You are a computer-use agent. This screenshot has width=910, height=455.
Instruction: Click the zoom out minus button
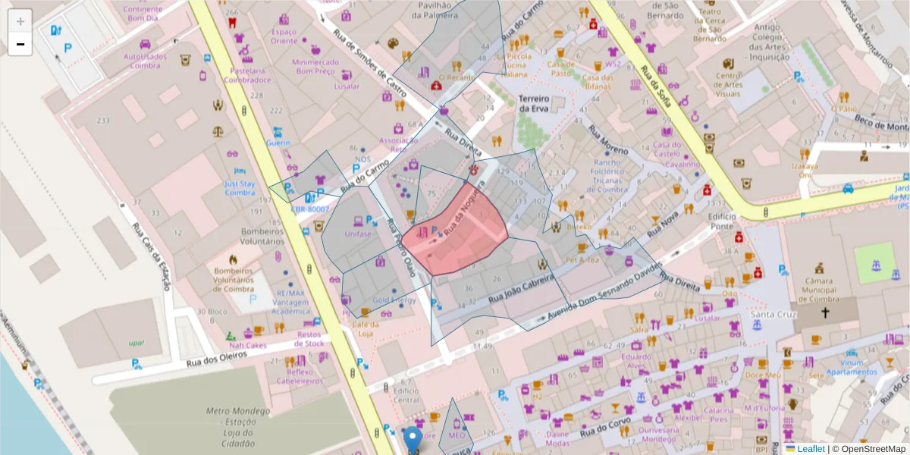pos(20,44)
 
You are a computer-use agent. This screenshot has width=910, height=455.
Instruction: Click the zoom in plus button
pos(20,20)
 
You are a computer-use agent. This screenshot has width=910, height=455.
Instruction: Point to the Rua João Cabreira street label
pos(522,289)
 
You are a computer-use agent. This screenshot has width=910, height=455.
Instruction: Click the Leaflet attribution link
pos(810,449)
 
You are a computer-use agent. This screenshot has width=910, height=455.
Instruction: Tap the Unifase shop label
pos(358,234)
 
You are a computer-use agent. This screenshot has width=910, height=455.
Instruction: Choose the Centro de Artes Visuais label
pos(728,85)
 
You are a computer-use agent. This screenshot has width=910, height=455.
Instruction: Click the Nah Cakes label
pos(248,345)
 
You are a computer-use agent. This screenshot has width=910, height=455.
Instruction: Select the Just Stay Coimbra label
pos(240,188)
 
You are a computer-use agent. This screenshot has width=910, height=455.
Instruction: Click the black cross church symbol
pos(825,312)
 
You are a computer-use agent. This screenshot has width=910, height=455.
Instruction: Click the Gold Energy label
pos(394,300)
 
